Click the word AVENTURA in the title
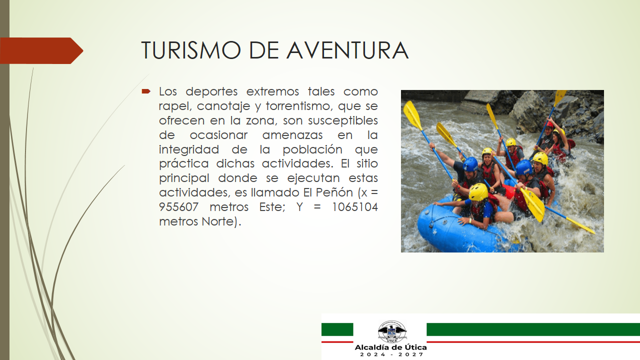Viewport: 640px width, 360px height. pos(347,50)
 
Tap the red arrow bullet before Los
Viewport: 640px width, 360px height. pos(146,91)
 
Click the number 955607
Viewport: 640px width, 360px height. pos(178,207)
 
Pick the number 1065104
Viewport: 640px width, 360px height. pos(355,207)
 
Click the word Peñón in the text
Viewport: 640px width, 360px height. pos(334,192)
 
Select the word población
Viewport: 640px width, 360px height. pos(312,149)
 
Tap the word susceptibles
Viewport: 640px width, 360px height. pos(343,120)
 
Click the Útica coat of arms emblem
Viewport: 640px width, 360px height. pos(391,331)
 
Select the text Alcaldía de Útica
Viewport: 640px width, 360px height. pos(390,347)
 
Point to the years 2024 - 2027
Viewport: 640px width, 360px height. pos(391,354)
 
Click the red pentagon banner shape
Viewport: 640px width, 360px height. pos(41,50)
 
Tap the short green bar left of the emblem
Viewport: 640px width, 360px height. pos(337,329)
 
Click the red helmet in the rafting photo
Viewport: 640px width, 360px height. pos(549,124)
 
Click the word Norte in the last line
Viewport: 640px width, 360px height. pos(217,221)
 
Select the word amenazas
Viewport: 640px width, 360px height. pos(292,135)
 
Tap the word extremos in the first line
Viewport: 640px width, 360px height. pos(272,91)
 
